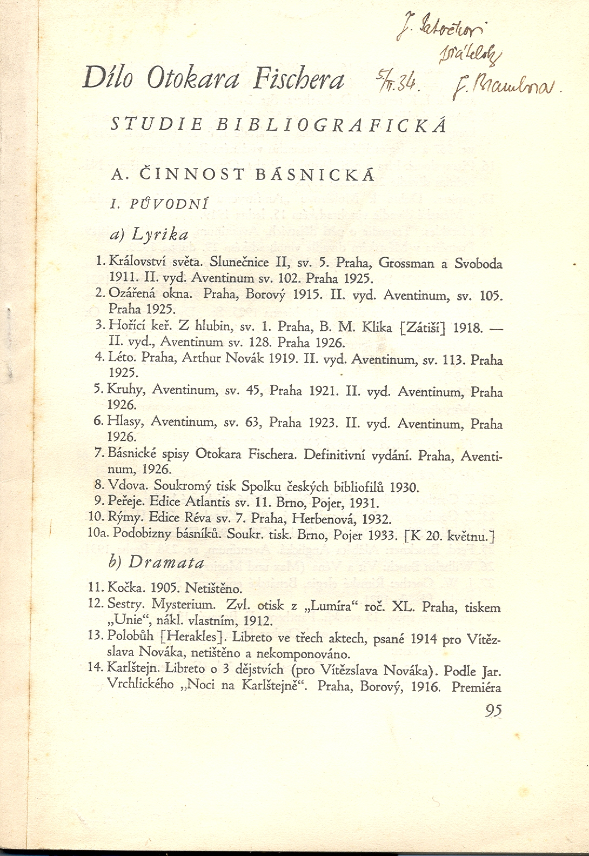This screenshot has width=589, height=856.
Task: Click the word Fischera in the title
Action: (298, 80)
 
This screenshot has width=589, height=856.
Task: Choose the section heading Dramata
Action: (167, 562)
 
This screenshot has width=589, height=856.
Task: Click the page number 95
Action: (493, 710)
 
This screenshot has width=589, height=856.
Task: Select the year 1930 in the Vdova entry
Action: (404, 487)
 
